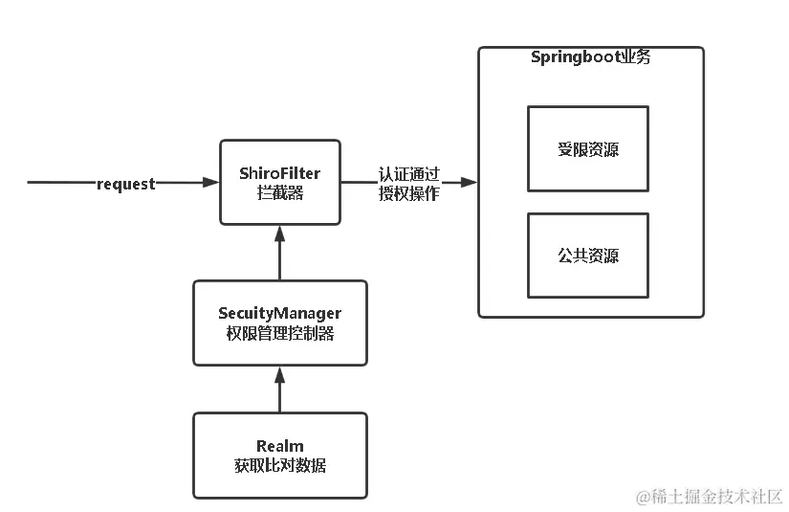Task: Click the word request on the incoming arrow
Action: click(125, 184)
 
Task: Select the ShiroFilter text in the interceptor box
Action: click(280, 173)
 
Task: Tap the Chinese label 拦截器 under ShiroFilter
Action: click(280, 192)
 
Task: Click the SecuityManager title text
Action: click(279, 314)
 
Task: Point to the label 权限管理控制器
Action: click(279, 333)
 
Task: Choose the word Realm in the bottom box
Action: click(279, 446)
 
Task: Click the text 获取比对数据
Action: click(279, 465)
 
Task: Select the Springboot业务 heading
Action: click(590, 57)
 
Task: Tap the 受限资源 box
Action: click(587, 148)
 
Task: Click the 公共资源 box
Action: click(587, 255)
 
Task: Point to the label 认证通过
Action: click(408, 174)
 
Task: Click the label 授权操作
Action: click(408, 193)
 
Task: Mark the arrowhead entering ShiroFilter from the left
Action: click(212, 182)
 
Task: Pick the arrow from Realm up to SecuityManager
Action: click(279, 392)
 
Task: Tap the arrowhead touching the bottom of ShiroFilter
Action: click(279, 232)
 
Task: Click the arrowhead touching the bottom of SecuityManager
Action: click(279, 372)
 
